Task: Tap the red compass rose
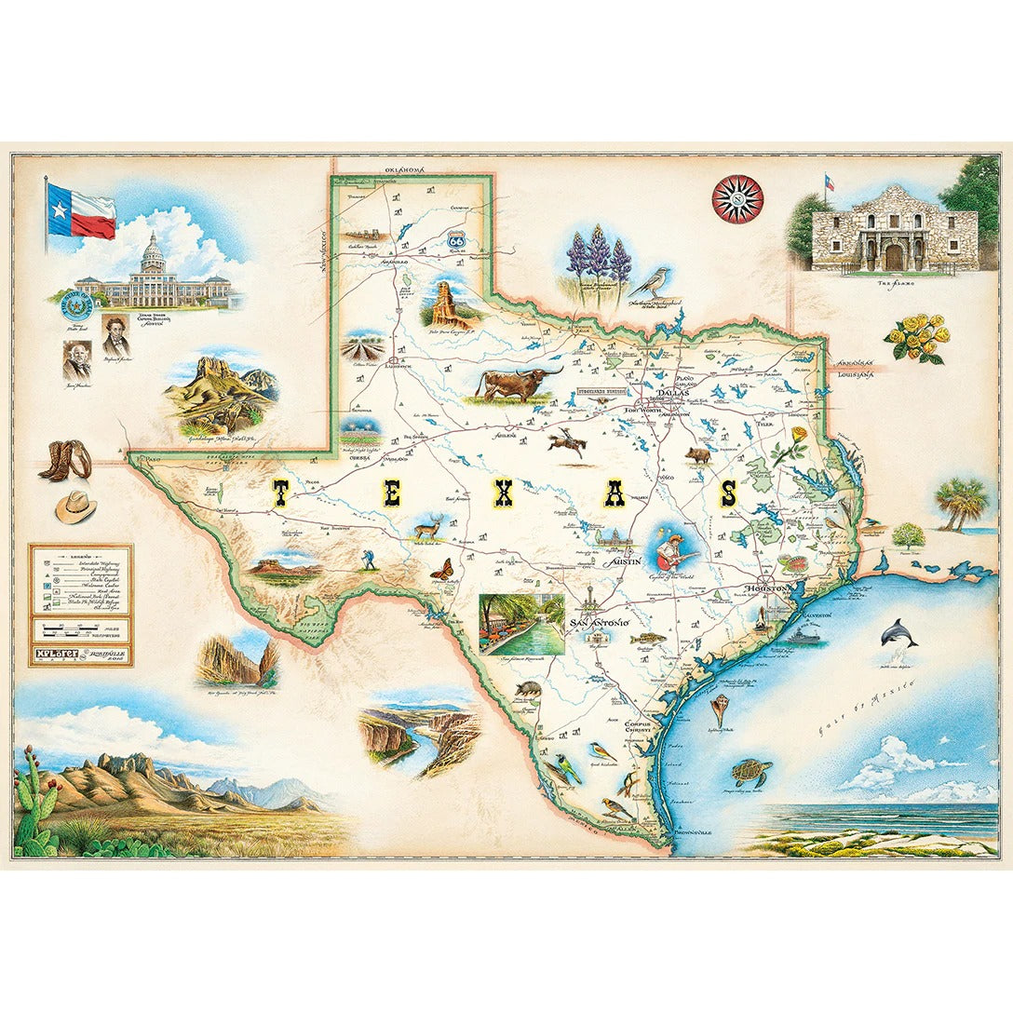737,198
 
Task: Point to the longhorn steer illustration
514,382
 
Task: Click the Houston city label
769,588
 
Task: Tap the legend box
80,604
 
